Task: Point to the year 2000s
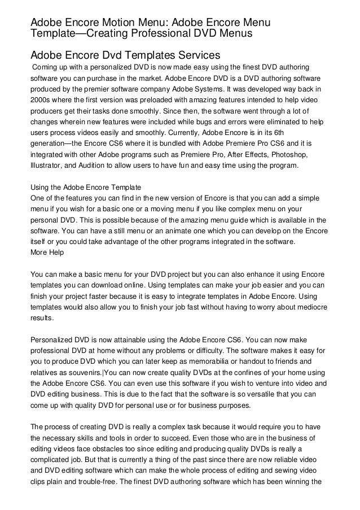[44, 101]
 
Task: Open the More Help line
[47, 252]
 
